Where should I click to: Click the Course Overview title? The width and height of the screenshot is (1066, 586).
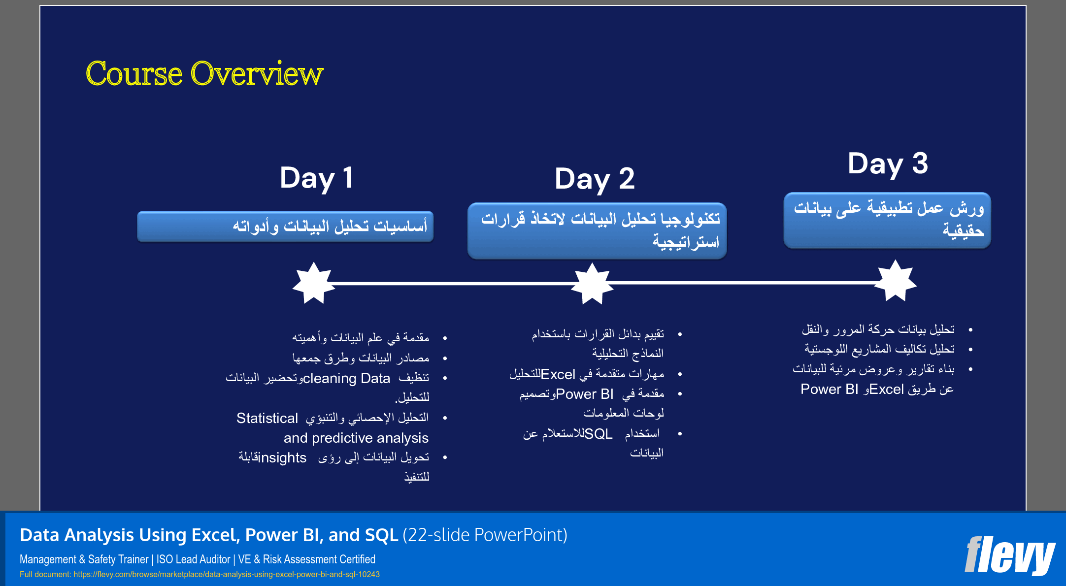point(204,74)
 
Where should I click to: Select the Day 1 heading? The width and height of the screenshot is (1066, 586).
point(316,178)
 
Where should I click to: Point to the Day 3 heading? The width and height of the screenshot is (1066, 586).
point(888,164)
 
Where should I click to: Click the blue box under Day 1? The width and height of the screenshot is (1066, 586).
point(285,227)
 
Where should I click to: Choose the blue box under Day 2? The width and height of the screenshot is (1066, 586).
point(597,230)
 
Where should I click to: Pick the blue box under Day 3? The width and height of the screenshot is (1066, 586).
point(887,220)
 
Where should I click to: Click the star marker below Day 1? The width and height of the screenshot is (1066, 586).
point(313,283)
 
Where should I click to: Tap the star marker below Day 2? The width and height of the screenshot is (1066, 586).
point(592,284)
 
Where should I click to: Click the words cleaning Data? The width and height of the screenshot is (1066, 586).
point(346,378)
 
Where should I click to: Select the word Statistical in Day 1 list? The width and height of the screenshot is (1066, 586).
point(267,418)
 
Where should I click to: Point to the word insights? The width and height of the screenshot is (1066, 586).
point(282,458)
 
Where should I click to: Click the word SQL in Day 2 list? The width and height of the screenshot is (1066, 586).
point(598,434)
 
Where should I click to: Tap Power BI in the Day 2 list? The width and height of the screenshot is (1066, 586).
point(585,394)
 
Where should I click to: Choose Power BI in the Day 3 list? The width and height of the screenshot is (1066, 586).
point(829,389)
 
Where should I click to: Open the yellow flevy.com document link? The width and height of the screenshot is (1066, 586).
point(226,574)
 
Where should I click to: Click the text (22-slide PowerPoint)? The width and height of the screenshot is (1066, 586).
point(485,535)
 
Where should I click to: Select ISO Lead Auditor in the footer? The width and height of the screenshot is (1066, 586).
point(193,559)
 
